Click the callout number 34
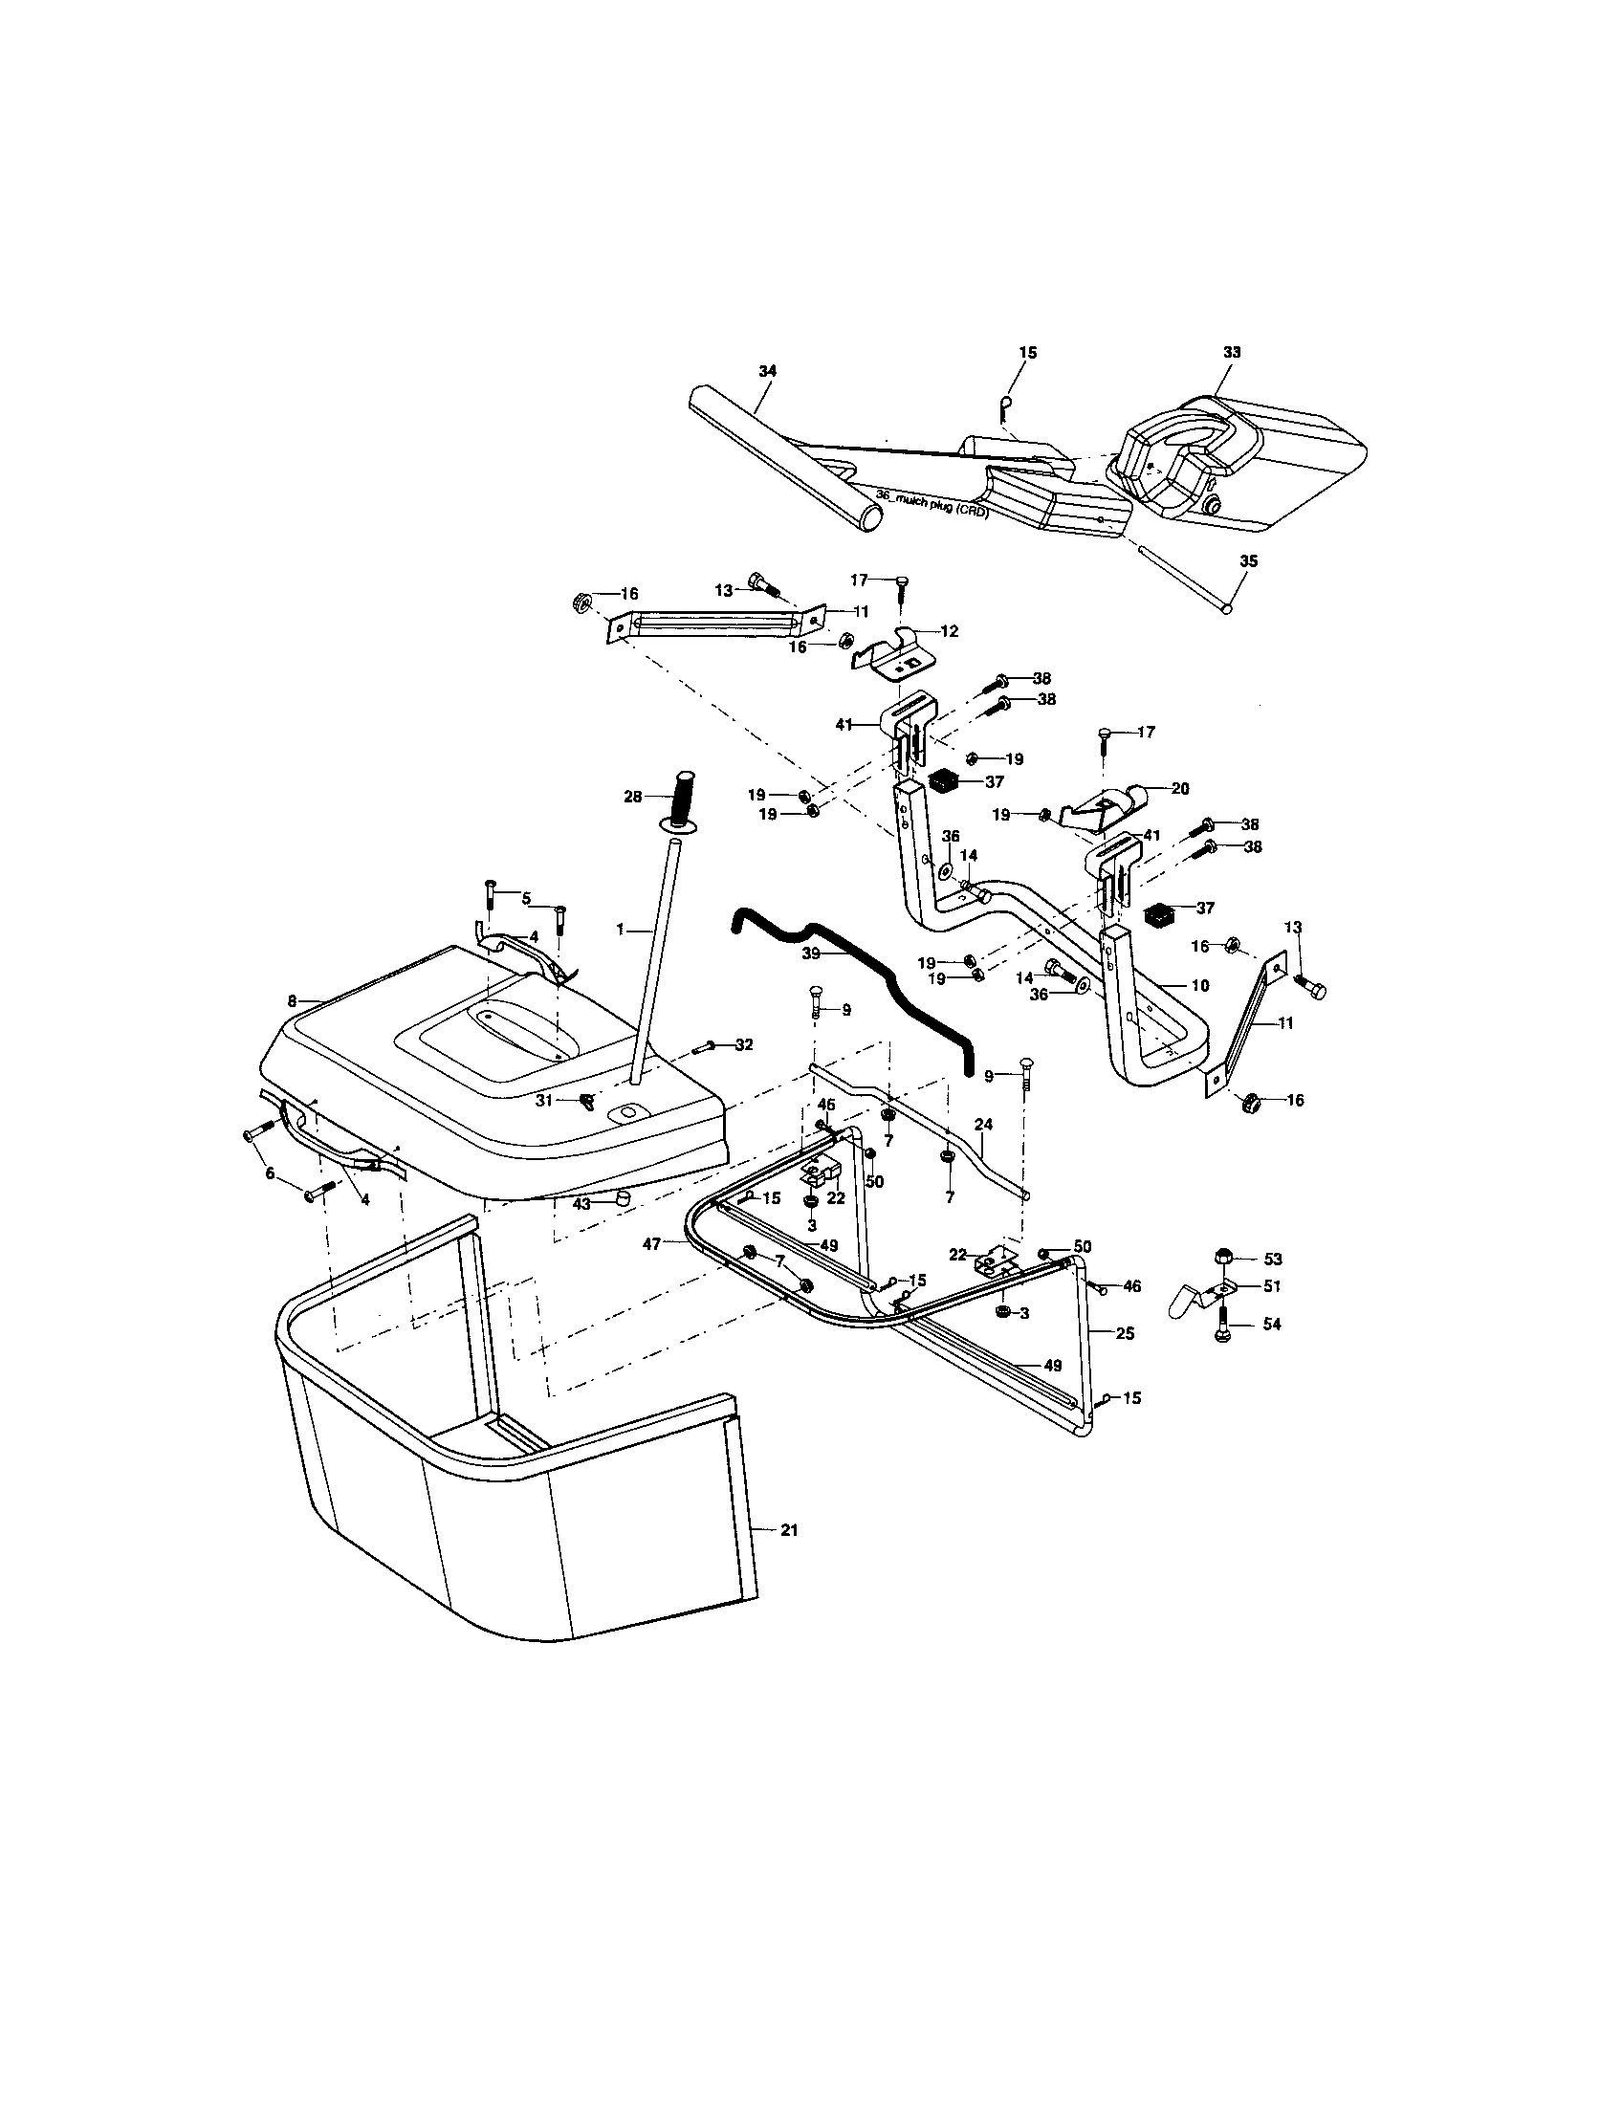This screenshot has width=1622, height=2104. tap(767, 371)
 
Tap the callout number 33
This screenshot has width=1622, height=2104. tap(1231, 353)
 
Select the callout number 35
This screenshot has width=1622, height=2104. tap(1248, 561)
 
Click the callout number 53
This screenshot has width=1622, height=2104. tap(1272, 1260)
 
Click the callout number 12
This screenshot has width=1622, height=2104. tap(950, 631)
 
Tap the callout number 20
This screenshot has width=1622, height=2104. tap(1180, 788)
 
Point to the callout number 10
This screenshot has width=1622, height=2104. tap(1200, 985)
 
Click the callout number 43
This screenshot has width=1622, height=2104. tap(580, 1205)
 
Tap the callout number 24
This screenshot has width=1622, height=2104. tap(983, 1125)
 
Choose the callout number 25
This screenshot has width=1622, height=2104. tap(1125, 1334)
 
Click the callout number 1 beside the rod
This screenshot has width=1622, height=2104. tap(622, 930)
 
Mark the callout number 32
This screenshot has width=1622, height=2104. tap(744, 1044)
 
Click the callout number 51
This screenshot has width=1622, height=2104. tap(1272, 1285)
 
